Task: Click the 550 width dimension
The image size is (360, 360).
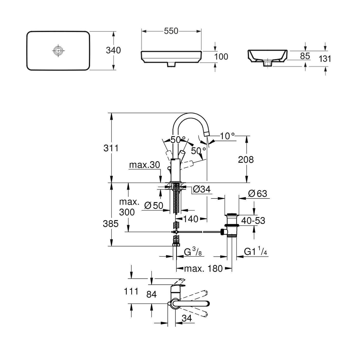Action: pos(171,31)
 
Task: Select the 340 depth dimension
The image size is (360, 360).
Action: pos(113,50)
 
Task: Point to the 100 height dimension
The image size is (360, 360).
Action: pos(221,57)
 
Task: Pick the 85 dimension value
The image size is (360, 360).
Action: pos(305,56)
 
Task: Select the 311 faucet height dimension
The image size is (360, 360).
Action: pos(111,148)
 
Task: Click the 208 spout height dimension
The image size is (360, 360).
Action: pos(246,160)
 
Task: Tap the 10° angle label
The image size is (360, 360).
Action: pos(227,136)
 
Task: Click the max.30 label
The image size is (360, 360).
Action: pos(145,165)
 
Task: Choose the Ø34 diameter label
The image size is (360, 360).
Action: pos(202,190)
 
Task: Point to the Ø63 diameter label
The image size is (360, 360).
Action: pos(258,193)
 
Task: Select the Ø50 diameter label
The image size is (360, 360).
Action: pos(154,205)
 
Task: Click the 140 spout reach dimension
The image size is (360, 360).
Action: pos(191,219)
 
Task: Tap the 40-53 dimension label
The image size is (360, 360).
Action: pos(253,221)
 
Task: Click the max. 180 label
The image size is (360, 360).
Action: pos(203,269)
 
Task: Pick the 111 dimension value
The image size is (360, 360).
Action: pos(131,291)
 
